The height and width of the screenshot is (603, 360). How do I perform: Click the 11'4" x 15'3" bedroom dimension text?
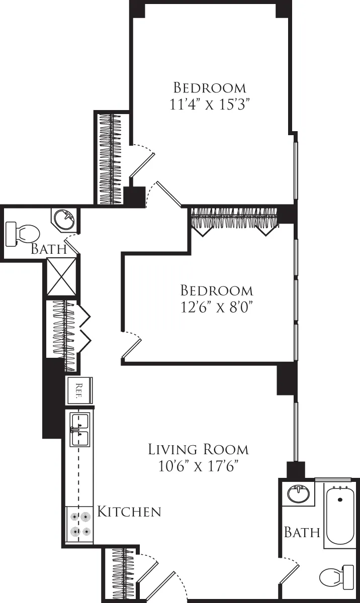210,105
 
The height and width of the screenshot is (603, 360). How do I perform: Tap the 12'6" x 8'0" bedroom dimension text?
216,307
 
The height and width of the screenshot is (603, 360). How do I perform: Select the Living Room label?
198,449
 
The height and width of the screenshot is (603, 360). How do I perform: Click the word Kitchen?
129,512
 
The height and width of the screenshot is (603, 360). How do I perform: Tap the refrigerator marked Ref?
79,390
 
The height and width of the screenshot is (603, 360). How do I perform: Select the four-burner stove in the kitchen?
80,524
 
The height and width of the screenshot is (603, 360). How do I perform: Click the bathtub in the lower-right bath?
340,516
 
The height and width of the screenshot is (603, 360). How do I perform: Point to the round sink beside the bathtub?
299,494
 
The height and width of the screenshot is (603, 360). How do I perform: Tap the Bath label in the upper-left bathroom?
48,249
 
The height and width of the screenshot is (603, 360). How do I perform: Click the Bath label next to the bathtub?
302,532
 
